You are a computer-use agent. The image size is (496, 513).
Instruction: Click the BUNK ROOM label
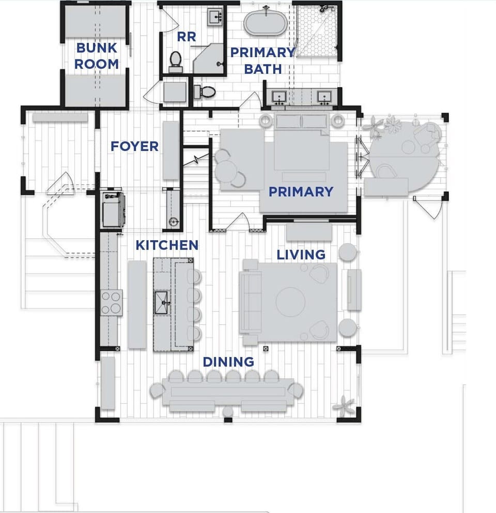[x=97, y=56]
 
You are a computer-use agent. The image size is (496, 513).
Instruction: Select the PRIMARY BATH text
[x=262, y=60]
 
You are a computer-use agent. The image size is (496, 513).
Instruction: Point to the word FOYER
[x=134, y=146]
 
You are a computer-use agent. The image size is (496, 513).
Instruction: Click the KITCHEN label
[x=166, y=245]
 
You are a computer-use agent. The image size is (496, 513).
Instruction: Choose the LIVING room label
[x=301, y=255]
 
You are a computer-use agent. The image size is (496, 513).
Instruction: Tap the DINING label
[x=228, y=362]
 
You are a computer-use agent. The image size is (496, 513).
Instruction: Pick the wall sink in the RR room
[x=215, y=18]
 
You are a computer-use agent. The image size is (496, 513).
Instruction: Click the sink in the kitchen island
[x=162, y=303]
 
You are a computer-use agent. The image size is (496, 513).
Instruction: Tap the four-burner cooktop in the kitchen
[x=112, y=303]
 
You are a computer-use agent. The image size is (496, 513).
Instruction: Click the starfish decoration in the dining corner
[x=343, y=406]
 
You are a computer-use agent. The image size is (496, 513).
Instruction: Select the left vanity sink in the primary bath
[x=280, y=97]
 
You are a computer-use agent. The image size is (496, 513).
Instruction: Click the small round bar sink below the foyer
[x=174, y=222]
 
